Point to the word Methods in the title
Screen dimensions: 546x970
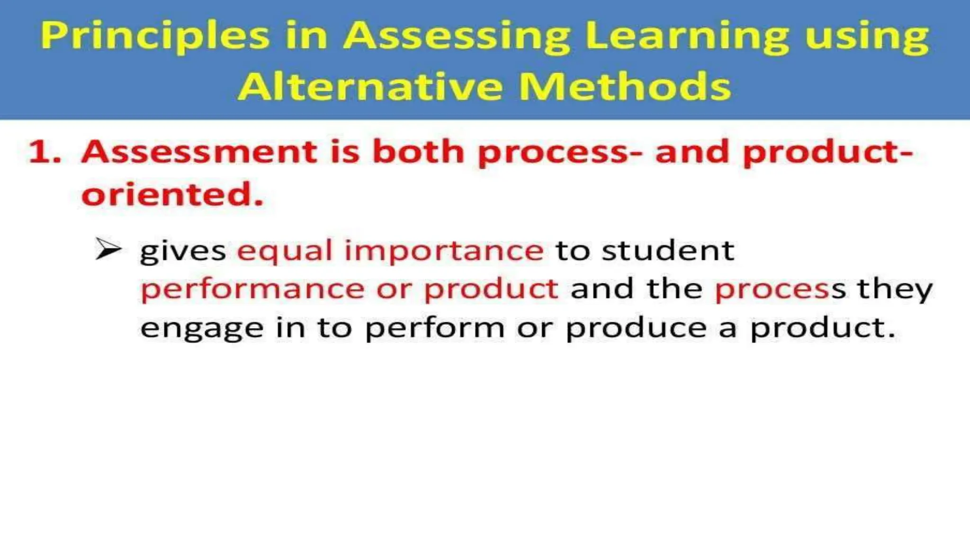625,87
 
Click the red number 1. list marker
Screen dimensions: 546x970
45,153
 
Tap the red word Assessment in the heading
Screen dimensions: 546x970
199,153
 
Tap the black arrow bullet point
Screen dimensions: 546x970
108,249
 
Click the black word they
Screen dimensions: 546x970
895,290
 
